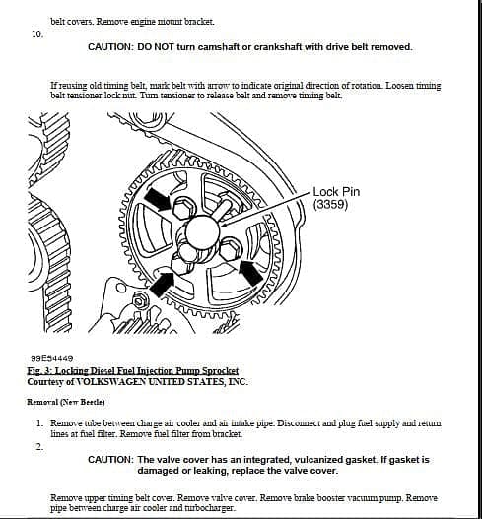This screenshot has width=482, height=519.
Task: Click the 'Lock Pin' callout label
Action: pos(336,192)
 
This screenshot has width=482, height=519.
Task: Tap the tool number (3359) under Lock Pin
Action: pos(330,205)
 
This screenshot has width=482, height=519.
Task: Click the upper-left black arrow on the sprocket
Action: pos(157,199)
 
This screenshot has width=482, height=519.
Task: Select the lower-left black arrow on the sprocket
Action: pos(163,284)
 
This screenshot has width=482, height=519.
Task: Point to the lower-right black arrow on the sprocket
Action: pos(251,273)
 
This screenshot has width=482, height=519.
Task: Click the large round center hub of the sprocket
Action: pos(202,231)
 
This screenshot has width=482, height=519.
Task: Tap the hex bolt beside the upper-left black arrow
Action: pos(183,209)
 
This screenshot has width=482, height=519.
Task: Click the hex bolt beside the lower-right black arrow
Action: pos(231,249)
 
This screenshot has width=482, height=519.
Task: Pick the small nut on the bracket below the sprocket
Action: pos(137,301)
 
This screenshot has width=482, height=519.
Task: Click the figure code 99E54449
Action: pos(51,358)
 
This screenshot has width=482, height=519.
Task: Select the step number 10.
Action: pos(37,34)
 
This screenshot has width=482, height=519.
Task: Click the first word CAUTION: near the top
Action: pos(110,47)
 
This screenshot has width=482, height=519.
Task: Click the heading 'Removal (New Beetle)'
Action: pos(66,402)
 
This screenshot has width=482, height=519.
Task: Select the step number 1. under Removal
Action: pos(39,423)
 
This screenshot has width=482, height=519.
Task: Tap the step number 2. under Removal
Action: pos(39,447)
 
